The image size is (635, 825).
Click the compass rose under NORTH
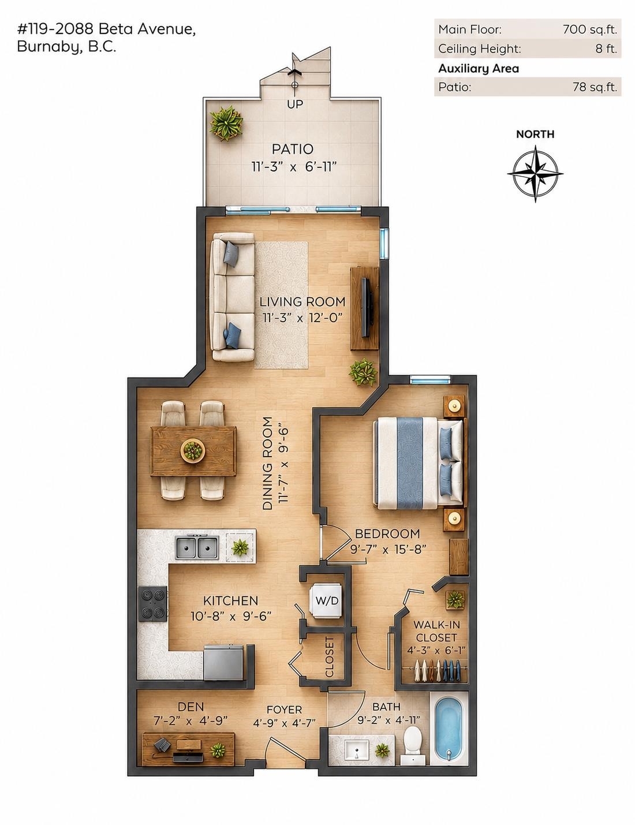pos(535,174)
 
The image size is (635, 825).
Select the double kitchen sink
pos(197,547)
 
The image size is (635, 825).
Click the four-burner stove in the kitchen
pos(153,604)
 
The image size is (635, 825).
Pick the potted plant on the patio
pos(226,123)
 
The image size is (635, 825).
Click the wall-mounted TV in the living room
pos(365,308)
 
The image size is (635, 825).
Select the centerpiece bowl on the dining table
pos(192,450)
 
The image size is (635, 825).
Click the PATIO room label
pos(293,149)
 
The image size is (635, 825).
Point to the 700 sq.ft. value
pos(590,29)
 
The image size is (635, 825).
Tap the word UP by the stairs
pos(295,104)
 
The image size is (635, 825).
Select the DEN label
pos(191,707)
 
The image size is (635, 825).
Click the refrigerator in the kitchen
pos(223,662)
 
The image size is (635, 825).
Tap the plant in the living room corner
pos(363,372)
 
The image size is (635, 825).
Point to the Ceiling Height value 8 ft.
pos(607,48)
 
